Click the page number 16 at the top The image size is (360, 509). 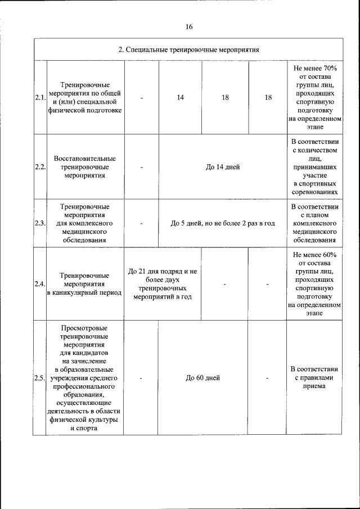188,27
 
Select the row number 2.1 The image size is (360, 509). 39,97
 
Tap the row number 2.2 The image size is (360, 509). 39,167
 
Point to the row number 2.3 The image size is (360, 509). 39,223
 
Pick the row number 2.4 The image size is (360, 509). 39,283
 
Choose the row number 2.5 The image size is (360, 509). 39,378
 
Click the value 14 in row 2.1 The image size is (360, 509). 180,97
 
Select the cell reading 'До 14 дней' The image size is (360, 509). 222,167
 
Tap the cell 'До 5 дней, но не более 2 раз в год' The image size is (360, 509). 222,223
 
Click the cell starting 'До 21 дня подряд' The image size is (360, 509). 162,283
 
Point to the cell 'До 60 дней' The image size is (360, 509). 202,378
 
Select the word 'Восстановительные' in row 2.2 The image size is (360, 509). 85,159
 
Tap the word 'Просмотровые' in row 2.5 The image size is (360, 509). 85,327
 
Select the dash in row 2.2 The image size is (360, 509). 142,167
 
